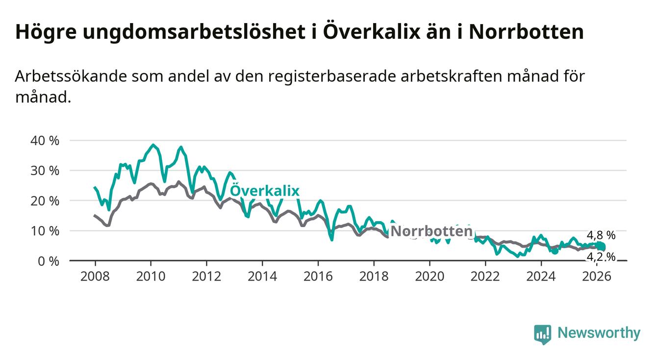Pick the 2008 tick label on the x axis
pyautogui.click(x=95, y=276)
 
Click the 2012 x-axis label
pyautogui.click(x=206, y=276)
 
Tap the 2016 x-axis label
pyautogui.click(x=318, y=276)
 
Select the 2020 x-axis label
pyautogui.click(x=430, y=276)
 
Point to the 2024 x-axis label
pyautogui.click(x=541, y=276)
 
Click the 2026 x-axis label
pyautogui.click(x=597, y=276)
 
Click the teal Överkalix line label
pyautogui.click(x=265, y=190)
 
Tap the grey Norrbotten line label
pyautogui.click(x=432, y=231)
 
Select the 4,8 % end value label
pyautogui.click(x=601, y=235)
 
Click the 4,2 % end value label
pyautogui.click(x=601, y=257)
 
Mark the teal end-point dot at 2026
pyautogui.click(x=601, y=247)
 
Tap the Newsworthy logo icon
pyautogui.click(x=542, y=334)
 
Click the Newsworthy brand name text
pyautogui.click(x=599, y=334)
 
